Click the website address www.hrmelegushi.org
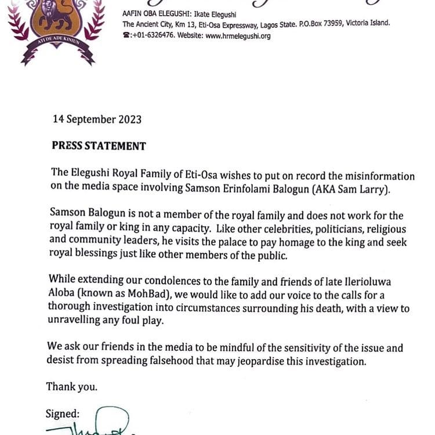coord(238,36)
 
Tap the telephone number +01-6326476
coord(156,36)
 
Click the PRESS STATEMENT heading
coord(99,146)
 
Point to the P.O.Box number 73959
coord(328,24)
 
